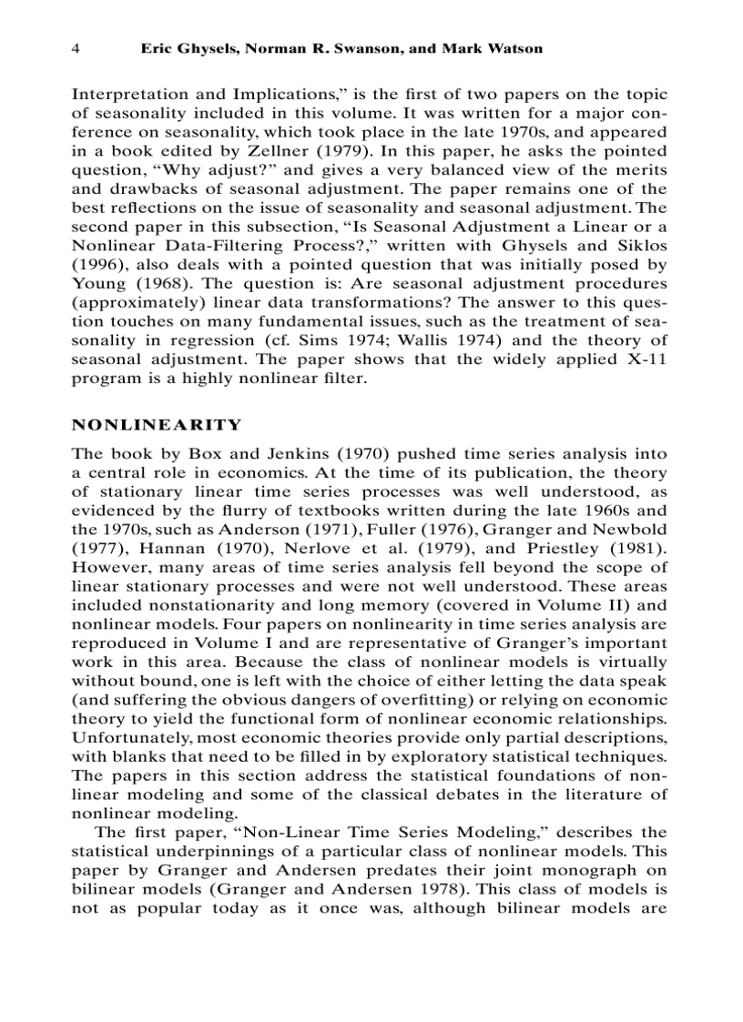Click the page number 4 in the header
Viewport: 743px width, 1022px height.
click(x=76, y=48)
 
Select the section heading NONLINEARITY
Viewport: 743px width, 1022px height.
click(x=157, y=425)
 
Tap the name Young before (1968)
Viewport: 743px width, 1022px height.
click(x=98, y=284)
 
